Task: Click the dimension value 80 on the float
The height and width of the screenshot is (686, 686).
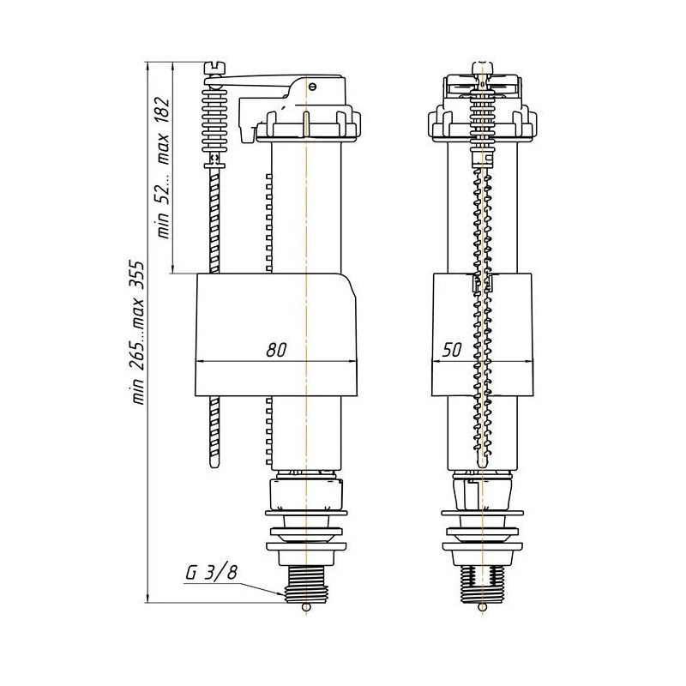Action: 275,349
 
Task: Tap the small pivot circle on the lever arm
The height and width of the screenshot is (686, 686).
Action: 313,86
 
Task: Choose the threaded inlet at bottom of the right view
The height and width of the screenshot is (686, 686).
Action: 481,585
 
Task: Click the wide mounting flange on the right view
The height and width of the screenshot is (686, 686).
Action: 481,543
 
